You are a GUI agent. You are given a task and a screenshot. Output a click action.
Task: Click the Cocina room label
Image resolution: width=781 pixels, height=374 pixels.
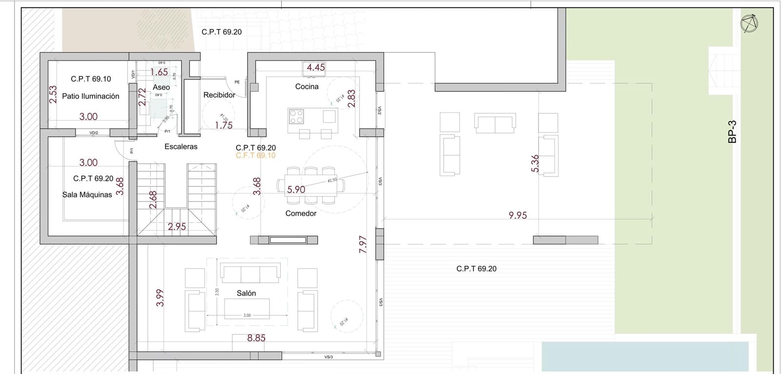[x=307, y=87]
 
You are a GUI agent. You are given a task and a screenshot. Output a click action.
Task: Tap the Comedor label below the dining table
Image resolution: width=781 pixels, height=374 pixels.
[x=301, y=213]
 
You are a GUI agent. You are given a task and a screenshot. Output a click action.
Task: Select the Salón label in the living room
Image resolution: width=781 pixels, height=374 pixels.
[x=246, y=293]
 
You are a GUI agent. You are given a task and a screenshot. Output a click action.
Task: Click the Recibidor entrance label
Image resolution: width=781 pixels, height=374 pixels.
[x=219, y=95]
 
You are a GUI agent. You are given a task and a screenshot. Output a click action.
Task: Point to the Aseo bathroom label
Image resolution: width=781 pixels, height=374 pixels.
[x=161, y=88]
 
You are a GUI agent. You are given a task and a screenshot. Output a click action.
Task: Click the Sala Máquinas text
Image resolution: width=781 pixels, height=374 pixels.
[x=87, y=195]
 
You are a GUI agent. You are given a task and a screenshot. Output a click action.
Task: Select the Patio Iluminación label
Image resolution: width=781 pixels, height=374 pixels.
[x=90, y=96]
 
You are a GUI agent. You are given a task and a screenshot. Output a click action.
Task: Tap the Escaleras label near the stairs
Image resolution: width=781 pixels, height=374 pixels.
[x=181, y=147]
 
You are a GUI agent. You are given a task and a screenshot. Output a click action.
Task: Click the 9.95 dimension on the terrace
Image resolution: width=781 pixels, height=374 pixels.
[x=517, y=215]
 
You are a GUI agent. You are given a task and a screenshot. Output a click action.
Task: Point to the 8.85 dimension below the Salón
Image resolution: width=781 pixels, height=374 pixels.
[x=256, y=338]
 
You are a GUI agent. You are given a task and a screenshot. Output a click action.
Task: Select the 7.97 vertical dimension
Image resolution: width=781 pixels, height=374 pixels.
[x=363, y=244]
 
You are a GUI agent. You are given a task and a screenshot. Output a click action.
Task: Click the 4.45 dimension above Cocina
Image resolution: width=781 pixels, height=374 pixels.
[x=316, y=67]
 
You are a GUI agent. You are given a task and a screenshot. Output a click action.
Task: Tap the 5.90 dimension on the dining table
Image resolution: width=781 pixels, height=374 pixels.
[x=296, y=190]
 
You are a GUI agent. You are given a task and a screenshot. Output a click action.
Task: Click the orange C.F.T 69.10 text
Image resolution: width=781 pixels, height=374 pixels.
[x=255, y=155]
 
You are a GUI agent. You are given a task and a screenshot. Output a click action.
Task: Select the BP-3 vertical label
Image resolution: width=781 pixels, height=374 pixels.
[x=732, y=132]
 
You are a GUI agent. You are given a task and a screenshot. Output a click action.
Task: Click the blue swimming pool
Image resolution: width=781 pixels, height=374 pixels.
[x=644, y=356]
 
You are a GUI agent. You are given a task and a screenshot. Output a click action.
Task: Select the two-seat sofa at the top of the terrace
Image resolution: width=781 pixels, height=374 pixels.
[x=495, y=123]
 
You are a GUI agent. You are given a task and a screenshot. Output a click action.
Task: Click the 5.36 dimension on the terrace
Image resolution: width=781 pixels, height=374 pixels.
[x=535, y=163]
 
